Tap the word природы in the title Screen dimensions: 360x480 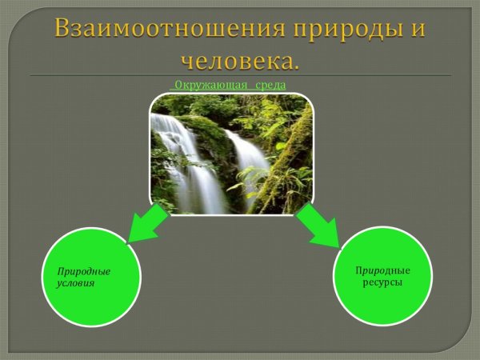(334, 28)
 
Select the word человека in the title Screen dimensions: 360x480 (237, 60)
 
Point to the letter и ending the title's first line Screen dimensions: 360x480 (417, 30)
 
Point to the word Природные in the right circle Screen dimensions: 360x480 (382, 270)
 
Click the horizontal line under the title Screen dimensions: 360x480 (240, 75)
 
